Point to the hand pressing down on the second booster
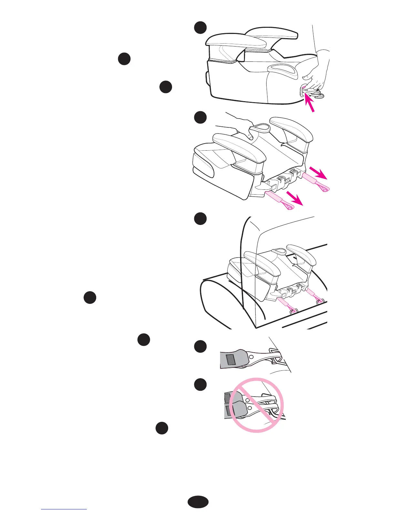239,128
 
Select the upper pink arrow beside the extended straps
318,173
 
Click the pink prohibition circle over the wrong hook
258,405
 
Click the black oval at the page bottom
198,502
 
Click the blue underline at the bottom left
64,509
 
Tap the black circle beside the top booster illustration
200,27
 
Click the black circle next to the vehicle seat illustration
200,218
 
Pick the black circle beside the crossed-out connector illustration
200,384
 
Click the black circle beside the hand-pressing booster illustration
200,117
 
